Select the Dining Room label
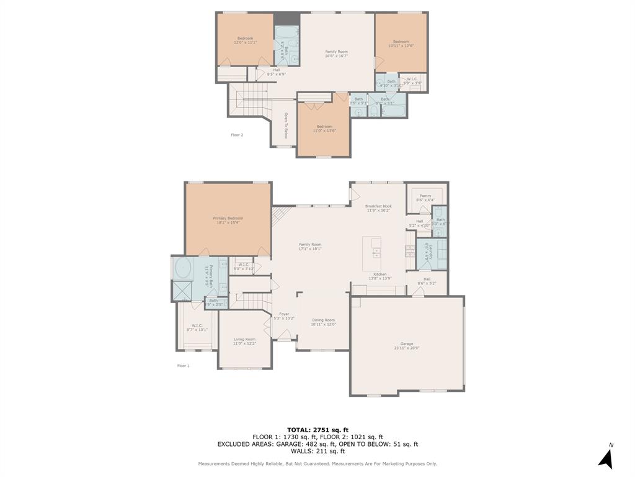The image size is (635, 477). coord(323,321)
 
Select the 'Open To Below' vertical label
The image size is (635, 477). coord(286,125)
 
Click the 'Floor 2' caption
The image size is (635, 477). coord(237,135)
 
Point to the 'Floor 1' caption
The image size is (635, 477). coord(184,366)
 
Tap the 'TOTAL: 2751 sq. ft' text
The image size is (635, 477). coord(317,430)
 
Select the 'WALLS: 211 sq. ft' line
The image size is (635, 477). coord(317,452)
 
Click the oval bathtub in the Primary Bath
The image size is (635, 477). coord(184,269)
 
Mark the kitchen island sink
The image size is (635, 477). coord(376,253)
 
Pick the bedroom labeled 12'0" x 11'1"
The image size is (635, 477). coord(245,40)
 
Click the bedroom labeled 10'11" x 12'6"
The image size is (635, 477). coord(401,43)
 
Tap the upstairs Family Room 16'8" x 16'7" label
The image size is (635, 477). coord(337,53)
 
